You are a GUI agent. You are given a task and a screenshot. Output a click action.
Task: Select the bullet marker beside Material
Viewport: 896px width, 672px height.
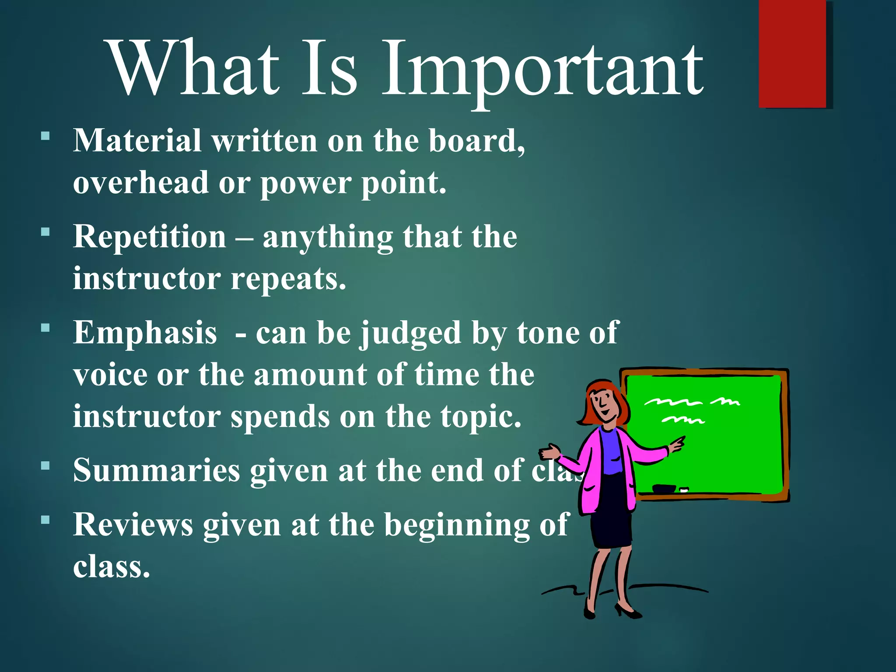(x=45, y=136)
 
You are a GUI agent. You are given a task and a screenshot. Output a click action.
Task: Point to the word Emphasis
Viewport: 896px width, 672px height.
(x=145, y=332)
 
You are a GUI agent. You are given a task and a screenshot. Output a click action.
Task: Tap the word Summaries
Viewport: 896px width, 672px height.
(x=157, y=471)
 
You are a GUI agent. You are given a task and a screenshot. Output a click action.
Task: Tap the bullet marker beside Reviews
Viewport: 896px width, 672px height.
(x=45, y=520)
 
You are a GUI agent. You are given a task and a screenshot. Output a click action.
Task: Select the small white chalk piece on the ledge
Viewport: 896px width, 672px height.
(x=684, y=490)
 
